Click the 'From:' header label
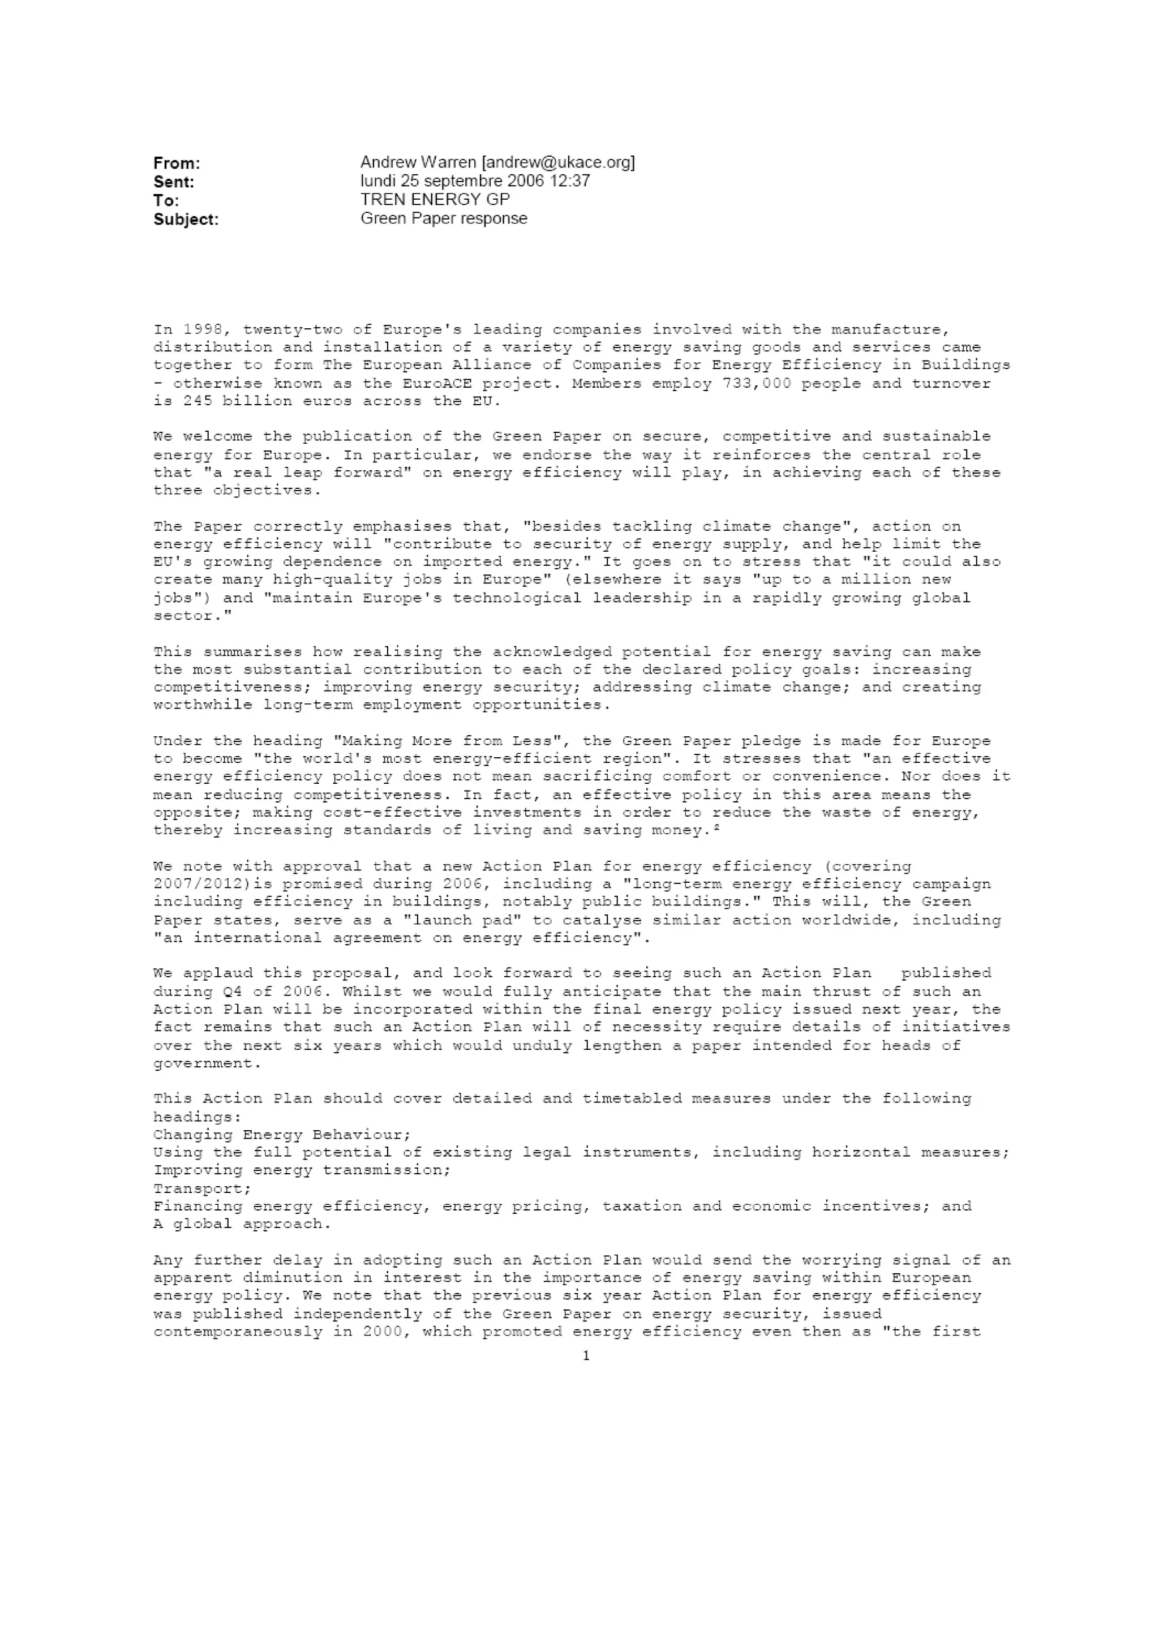(177, 163)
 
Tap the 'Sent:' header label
(174, 182)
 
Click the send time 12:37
(569, 181)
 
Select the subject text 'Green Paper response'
(444, 218)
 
